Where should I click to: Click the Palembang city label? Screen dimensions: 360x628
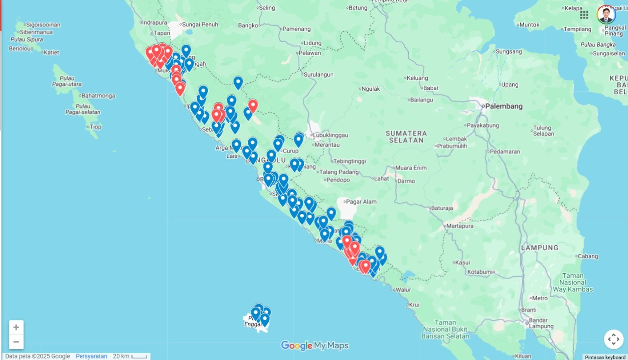(504, 106)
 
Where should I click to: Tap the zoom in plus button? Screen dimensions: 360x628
(16, 328)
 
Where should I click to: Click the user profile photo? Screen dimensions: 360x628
(606, 15)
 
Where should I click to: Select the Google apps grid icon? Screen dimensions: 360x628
(584, 15)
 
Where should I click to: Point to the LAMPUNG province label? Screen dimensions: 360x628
(540, 248)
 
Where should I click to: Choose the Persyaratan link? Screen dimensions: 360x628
(91, 357)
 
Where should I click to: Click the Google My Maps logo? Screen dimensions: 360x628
(314, 346)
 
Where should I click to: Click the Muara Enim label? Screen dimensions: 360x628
(411, 168)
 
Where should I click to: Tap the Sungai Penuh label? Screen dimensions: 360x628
(200, 24)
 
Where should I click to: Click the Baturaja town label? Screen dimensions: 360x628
(442, 208)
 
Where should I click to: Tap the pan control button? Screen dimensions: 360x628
(613, 339)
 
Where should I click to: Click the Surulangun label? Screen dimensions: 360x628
(319, 75)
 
